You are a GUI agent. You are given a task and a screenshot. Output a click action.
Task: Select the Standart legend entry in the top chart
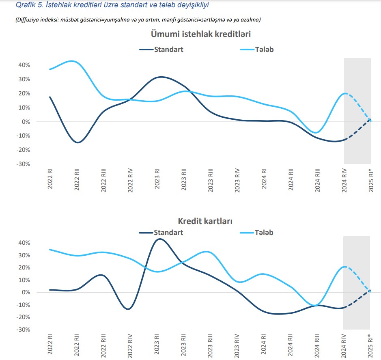click(x=168, y=50)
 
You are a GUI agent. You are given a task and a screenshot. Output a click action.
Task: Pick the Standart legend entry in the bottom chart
click(x=168, y=233)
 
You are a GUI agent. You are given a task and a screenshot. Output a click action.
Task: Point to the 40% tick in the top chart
click(x=23, y=65)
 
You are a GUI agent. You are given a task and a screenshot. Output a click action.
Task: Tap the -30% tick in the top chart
click(x=22, y=164)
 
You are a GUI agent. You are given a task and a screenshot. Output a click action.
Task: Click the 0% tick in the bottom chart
click(x=25, y=292)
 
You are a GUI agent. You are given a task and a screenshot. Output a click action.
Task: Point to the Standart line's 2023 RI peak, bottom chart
click(x=159, y=239)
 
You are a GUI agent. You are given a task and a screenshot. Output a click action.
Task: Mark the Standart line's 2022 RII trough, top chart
click(x=77, y=142)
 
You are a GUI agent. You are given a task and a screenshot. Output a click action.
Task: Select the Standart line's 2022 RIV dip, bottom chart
click(x=128, y=309)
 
